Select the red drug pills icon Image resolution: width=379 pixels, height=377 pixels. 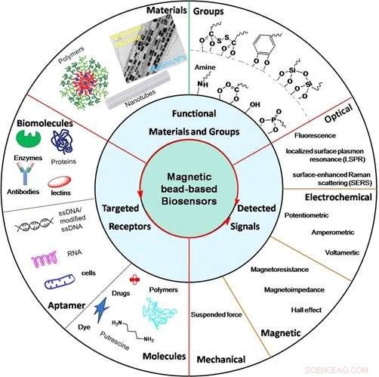[x=134, y=282]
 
